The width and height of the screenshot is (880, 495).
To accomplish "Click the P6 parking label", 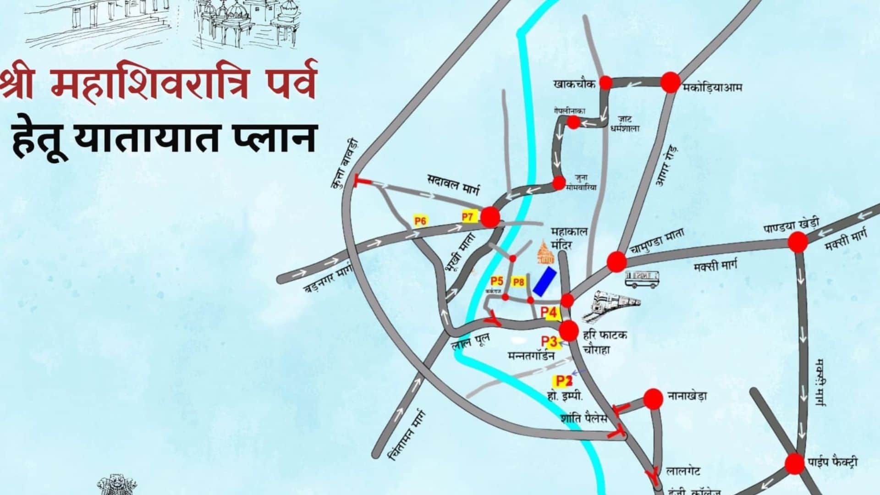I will (x=420, y=221).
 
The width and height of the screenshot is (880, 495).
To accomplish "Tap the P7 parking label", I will (x=467, y=217).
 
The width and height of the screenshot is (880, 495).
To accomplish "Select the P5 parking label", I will (x=497, y=280).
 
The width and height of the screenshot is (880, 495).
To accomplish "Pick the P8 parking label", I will (x=518, y=282).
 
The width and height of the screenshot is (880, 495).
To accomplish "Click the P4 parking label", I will (x=549, y=313).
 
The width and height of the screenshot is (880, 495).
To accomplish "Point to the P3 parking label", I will (x=549, y=341).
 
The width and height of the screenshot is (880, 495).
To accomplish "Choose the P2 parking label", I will (x=563, y=380).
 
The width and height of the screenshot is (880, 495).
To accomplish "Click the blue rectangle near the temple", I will (x=544, y=281).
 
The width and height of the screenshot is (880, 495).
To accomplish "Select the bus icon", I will (x=643, y=279).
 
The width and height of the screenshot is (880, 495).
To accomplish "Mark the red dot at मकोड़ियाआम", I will (x=670, y=82).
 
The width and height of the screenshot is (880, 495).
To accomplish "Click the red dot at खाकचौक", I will (x=606, y=82).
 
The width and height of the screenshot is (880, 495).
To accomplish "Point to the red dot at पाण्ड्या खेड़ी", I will (x=798, y=242).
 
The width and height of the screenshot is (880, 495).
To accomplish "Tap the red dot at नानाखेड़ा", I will (x=653, y=399).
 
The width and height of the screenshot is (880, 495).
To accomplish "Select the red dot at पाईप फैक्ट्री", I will (x=795, y=464).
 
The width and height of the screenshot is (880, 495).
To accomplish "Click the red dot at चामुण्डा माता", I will (x=616, y=262).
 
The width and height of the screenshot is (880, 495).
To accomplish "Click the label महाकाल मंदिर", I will (x=569, y=238).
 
